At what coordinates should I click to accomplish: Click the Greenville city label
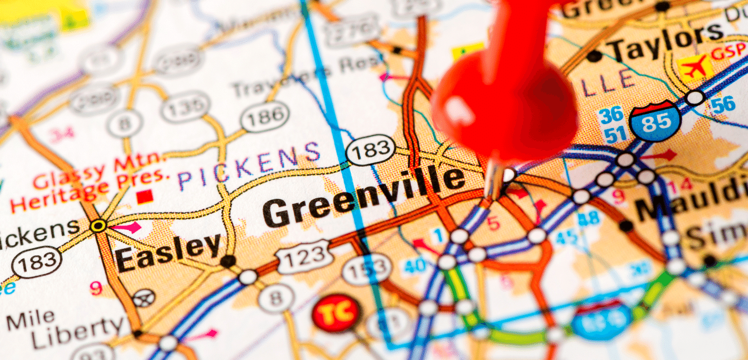(363, 197)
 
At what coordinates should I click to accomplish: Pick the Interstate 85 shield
(655, 121)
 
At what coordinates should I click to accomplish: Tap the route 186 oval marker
(265, 117)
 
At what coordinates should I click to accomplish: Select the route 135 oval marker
(185, 106)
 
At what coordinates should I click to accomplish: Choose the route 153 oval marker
(366, 270)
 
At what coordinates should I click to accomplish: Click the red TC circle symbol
(336, 314)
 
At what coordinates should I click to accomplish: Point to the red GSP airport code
(728, 53)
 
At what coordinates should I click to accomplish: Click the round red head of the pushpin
(504, 105)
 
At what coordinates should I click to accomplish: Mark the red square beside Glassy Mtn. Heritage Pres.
(145, 197)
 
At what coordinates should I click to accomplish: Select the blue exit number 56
(723, 104)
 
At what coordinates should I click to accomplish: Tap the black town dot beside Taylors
(594, 56)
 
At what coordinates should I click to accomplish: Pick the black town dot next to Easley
(227, 261)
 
